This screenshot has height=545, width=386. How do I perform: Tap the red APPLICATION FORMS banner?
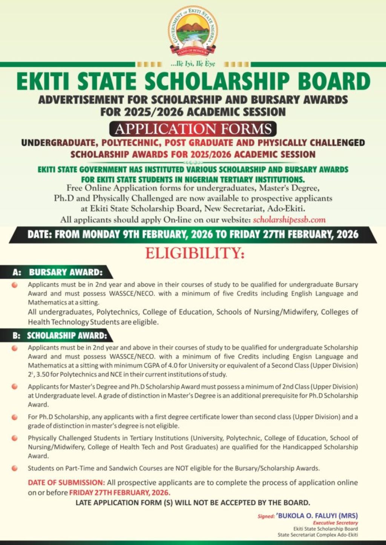click(193, 129)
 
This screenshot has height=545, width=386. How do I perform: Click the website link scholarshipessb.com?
click(289, 220)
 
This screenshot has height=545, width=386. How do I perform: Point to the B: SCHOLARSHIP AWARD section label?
click(60, 335)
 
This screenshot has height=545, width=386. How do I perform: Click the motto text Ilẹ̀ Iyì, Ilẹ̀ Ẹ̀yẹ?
click(193, 64)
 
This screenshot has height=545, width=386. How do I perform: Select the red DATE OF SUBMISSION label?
click(66, 482)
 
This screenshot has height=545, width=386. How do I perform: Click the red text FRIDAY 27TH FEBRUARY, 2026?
click(119, 493)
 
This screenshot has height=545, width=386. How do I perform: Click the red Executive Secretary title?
click(335, 523)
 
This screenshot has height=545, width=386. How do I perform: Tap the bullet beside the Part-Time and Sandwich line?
click(14, 468)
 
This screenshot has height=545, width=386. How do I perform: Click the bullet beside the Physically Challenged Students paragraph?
click(14, 438)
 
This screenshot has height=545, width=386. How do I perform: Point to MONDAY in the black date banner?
click(101, 234)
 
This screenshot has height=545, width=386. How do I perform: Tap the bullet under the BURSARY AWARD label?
click(14, 285)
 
